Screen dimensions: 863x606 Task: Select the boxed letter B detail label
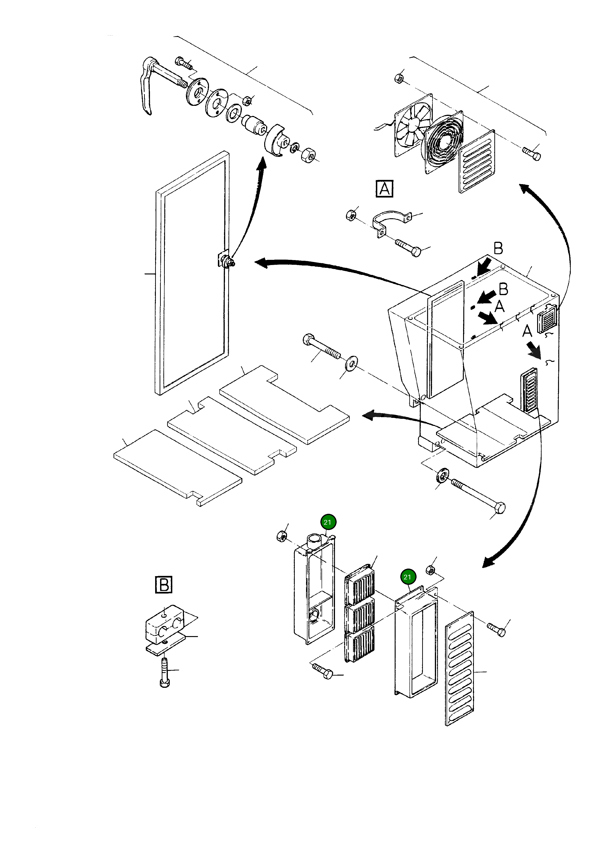[163, 585]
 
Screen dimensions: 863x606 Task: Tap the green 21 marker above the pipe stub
[327, 522]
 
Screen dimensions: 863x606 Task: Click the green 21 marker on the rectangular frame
[407, 577]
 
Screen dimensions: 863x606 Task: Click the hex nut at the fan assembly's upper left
[399, 79]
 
